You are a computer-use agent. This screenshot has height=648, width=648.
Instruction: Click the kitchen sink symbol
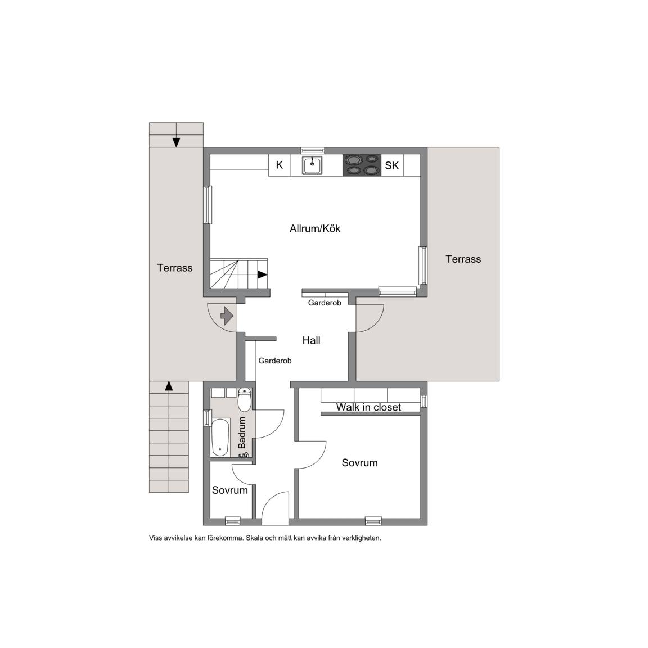tap(312, 165)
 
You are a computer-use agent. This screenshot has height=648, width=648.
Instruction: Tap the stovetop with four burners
tap(362, 165)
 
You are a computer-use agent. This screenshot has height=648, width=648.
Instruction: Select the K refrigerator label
tap(280, 165)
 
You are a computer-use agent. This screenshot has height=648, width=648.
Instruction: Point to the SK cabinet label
tap(391, 165)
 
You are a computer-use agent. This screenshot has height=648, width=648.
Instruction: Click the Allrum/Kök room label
tap(315, 228)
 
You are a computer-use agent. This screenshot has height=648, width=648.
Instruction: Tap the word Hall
tap(311, 340)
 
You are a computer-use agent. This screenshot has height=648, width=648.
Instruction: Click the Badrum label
tap(242, 433)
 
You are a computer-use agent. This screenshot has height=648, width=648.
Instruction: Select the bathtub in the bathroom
tap(220, 437)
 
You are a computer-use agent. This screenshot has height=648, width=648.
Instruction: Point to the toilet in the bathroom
tap(244, 399)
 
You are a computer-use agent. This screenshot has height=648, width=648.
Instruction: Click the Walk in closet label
tap(368, 407)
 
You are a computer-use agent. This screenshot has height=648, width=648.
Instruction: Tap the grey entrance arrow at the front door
tap(227, 316)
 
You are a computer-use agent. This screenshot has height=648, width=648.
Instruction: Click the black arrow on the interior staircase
tap(263, 274)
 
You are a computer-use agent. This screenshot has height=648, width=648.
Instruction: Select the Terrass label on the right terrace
tap(463, 259)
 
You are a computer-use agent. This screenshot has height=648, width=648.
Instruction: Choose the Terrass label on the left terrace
tap(175, 268)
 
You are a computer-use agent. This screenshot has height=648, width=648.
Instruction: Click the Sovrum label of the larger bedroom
tap(359, 463)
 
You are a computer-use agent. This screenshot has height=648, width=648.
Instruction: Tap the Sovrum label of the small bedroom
tap(229, 490)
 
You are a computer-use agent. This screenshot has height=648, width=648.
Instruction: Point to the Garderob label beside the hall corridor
tap(275, 361)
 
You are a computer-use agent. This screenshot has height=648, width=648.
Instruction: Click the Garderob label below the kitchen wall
tap(325, 303)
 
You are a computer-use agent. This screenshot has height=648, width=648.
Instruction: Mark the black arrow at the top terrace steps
tap(177, 142)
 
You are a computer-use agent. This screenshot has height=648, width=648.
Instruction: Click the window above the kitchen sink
tap(312, 150)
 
